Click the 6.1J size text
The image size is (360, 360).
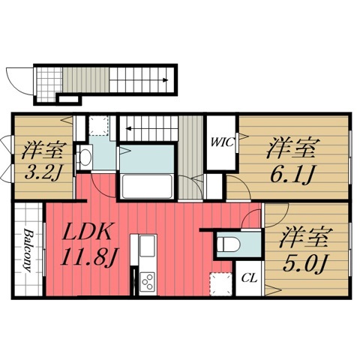coord(290,173)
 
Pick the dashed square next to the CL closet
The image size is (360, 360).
coord(220,283)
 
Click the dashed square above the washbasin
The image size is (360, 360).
coord(98,124)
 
